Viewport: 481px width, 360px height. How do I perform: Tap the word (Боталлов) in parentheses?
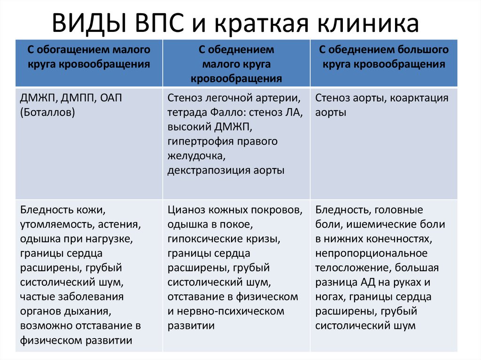[x=47, y=113]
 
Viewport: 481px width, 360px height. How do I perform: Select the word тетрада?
[x=186, y=113]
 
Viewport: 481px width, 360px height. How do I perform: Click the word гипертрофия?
[x=198, y=141]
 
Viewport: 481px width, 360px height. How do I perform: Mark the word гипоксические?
[x=202, y=238]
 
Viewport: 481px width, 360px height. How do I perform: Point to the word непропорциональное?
[x=371, y=253]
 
